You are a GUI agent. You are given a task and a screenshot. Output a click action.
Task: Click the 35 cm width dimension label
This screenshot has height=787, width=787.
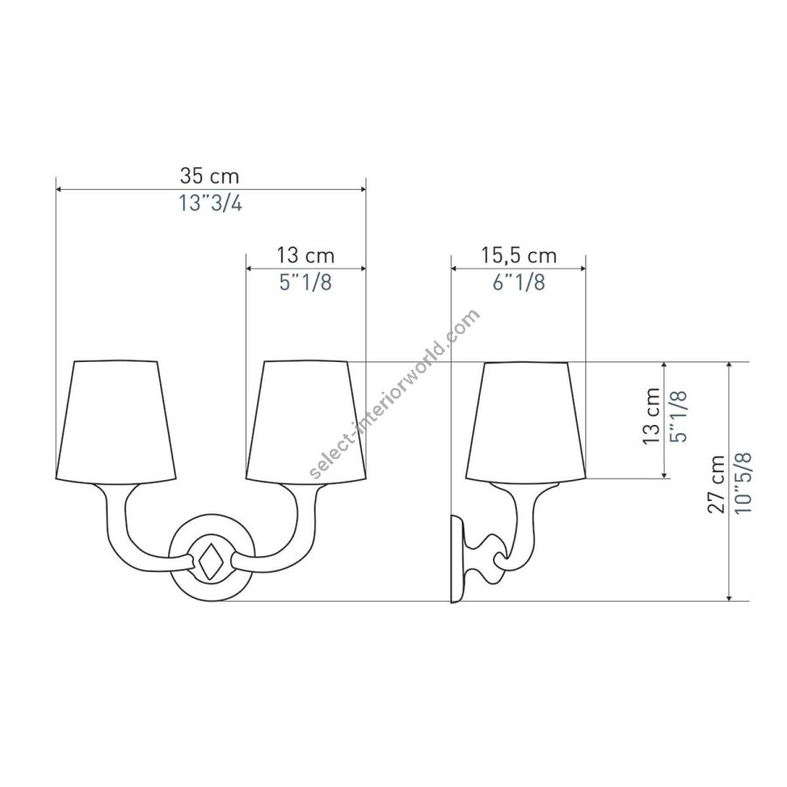click(209, 176)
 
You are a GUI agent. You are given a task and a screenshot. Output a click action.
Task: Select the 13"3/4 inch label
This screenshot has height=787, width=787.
click(210, 203)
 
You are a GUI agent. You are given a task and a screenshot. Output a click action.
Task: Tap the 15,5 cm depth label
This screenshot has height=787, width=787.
click(519, 256)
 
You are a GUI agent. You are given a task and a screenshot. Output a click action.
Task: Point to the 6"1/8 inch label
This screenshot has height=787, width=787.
click(519, 282)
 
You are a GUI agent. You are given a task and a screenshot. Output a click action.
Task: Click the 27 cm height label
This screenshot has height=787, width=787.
click(717, 484)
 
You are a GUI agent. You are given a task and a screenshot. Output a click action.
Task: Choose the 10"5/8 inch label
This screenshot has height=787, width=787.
click(743, 483)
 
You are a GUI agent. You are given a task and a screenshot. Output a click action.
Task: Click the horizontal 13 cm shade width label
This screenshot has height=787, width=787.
click(306, 256)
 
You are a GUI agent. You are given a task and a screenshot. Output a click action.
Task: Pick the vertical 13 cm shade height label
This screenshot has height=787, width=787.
click(651, 416)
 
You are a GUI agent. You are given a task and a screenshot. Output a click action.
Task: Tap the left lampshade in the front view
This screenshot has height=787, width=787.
click(116, 420)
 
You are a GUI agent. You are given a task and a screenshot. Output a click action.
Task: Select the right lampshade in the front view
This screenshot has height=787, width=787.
click(306, 420)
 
